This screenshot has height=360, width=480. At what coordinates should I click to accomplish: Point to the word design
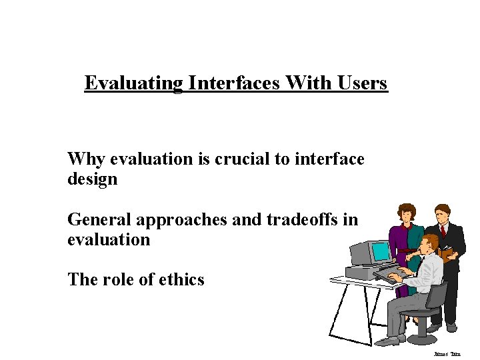pyautogui.click(x=92, y=179)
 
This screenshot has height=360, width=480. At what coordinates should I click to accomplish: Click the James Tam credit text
pyautogui.click(x=447, y=354)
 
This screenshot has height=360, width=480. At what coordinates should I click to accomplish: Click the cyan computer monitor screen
pyautogui.click(x=381, y=251)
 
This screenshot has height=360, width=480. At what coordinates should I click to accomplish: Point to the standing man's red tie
pyautogui.click(x=443, y=231)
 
